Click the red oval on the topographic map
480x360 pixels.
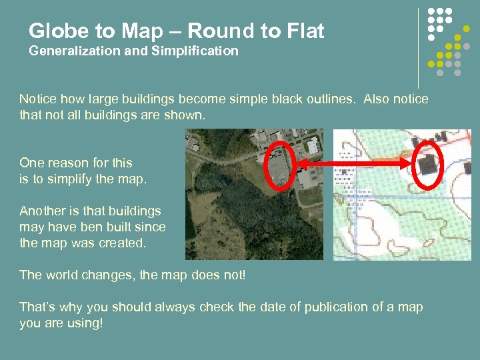[427, 163]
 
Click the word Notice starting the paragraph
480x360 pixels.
[38, 99]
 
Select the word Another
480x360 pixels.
[43, 211]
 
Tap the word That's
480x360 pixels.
[37, 307]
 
